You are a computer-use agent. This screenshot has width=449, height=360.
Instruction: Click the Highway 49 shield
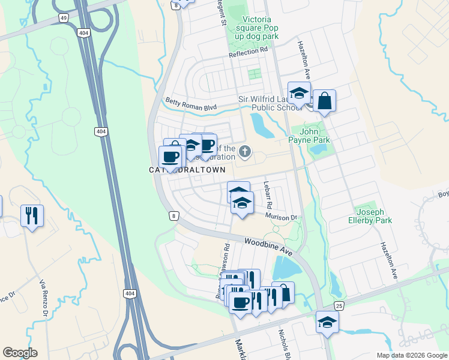point(63,19)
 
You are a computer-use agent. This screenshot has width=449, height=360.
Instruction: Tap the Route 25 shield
point(339,306)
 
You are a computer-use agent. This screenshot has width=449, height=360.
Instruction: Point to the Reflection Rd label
point(248,52)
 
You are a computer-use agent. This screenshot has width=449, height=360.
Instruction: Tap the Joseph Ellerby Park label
point(374,216)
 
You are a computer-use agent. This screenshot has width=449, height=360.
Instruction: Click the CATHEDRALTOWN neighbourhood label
point(187,170)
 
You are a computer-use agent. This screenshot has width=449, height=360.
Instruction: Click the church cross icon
point(244,150)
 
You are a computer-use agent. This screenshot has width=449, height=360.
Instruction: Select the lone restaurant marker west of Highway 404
point(32,215)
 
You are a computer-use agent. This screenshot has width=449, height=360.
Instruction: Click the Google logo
point(20,352)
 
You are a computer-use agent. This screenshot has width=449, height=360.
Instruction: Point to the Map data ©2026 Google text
point(411,355)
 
